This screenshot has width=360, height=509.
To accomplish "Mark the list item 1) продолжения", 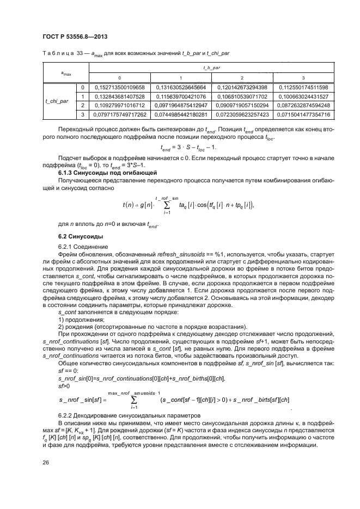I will coord(81,320).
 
